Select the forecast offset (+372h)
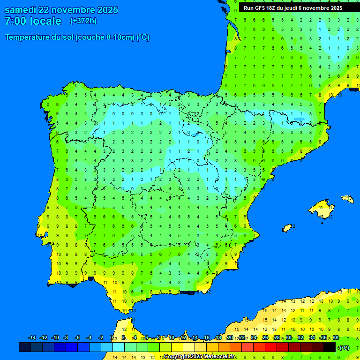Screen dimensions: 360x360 pos(83,21)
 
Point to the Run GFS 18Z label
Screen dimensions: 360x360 pos(260,8)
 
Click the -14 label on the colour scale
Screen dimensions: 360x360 pos(32,338)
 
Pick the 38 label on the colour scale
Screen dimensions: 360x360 pos(335,338)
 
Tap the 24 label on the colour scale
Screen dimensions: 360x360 pos(254,338)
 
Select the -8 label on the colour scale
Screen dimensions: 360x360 pos(66,338)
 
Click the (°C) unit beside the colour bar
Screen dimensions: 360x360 pos(344,347)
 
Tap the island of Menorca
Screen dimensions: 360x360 pos(347,199)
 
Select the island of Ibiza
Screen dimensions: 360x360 pos(287,228)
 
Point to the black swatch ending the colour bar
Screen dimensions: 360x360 pos(330,347)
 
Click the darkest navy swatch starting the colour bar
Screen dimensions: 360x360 pos(25,347)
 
